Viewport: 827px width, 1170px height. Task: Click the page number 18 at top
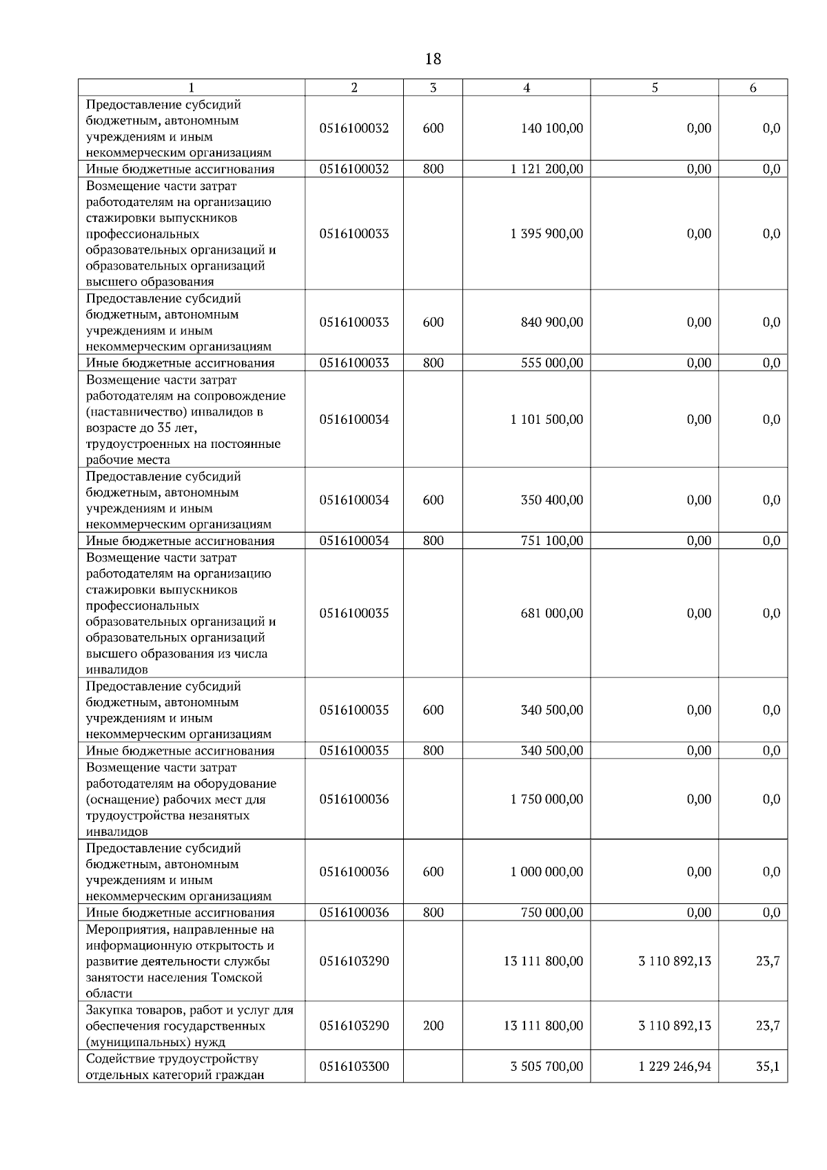tap(433, 59)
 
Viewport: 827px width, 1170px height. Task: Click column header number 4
tap(527, 88)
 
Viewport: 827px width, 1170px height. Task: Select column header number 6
tap(753, 88)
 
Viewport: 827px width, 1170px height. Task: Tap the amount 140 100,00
tap(552, 128)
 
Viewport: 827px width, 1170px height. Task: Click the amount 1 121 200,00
tap(547, 169)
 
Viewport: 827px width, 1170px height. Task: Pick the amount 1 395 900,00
tap(547, 234)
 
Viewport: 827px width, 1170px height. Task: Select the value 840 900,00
tap(552, 322)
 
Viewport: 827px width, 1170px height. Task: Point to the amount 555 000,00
tap(552, 363)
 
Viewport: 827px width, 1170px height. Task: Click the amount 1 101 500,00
tap(547, 420)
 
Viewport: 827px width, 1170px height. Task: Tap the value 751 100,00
tap(552, 541)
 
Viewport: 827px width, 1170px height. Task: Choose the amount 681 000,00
tap(552, 613)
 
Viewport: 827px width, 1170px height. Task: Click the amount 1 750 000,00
tap(547, 799)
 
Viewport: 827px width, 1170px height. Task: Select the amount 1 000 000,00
tap(547, 872)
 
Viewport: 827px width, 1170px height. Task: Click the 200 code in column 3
tap(433, 1025)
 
